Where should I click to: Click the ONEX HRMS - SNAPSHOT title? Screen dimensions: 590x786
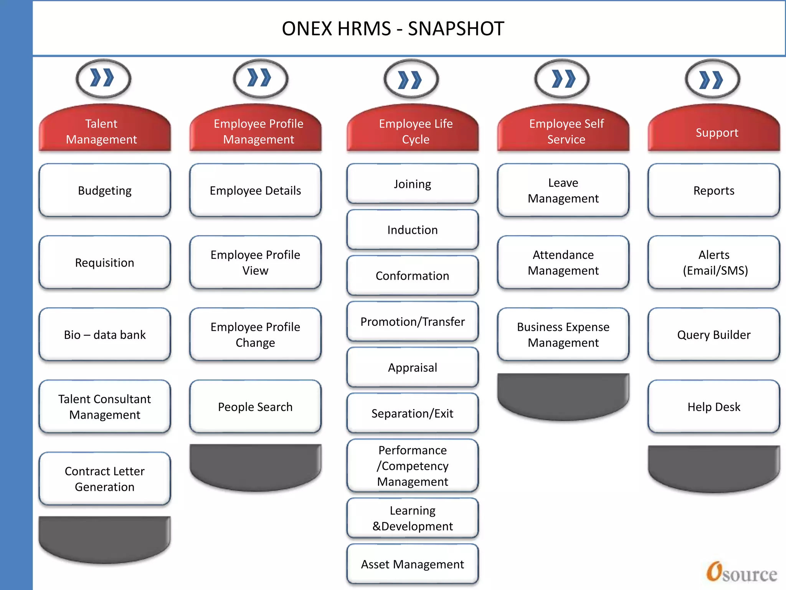coord(393,29)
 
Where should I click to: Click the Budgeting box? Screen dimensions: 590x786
coord(104,191)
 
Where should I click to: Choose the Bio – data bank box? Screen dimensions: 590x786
coord(104,335)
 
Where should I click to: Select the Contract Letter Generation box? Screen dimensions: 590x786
coord(104,479)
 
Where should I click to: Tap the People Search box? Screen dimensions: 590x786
coord(255,407)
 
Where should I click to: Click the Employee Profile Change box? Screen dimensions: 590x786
coord(255,335)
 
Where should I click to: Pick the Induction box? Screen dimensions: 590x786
coord(412,230)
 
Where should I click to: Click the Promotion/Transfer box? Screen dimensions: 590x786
coord(412,322)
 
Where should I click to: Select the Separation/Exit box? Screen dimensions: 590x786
coord(412,413)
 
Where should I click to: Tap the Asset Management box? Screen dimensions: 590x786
coord(412,564)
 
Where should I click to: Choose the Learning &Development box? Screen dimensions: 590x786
coord(412,518)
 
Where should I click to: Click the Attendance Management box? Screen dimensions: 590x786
coord(563,263)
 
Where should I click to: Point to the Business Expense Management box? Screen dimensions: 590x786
coord(563,335)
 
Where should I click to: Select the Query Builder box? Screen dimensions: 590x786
coord(713,335)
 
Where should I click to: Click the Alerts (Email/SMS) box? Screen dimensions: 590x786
coord(713,263)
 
